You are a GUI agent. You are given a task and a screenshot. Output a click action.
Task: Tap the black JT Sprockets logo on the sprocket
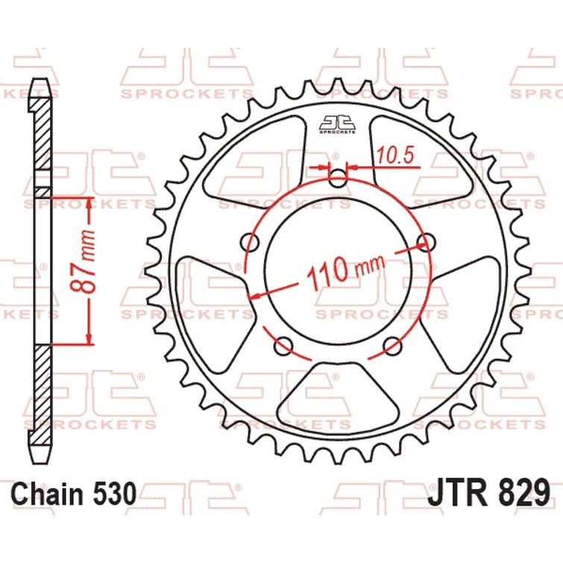tap(339, 124)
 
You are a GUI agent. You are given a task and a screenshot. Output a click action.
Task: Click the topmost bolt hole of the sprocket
tap(339, 179)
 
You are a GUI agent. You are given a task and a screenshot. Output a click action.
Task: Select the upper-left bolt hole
tap(251, 243)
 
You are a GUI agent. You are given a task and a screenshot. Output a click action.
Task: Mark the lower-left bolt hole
tap(283, 346)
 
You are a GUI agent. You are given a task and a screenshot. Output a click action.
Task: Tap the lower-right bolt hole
tap(393, 345)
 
